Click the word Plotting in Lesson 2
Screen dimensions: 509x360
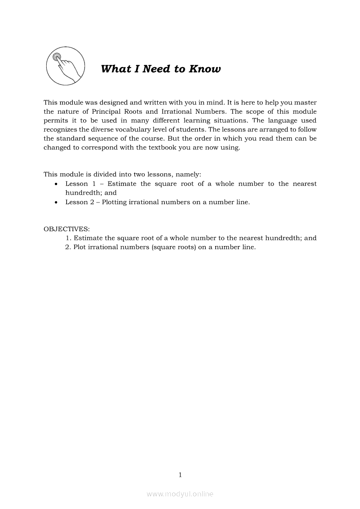point(115,202)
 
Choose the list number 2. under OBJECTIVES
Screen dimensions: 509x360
point(68,247)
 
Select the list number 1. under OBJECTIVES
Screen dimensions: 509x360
point(68,238)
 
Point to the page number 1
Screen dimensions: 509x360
point(180,475)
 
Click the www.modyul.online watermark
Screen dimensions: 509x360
point(180,494)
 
